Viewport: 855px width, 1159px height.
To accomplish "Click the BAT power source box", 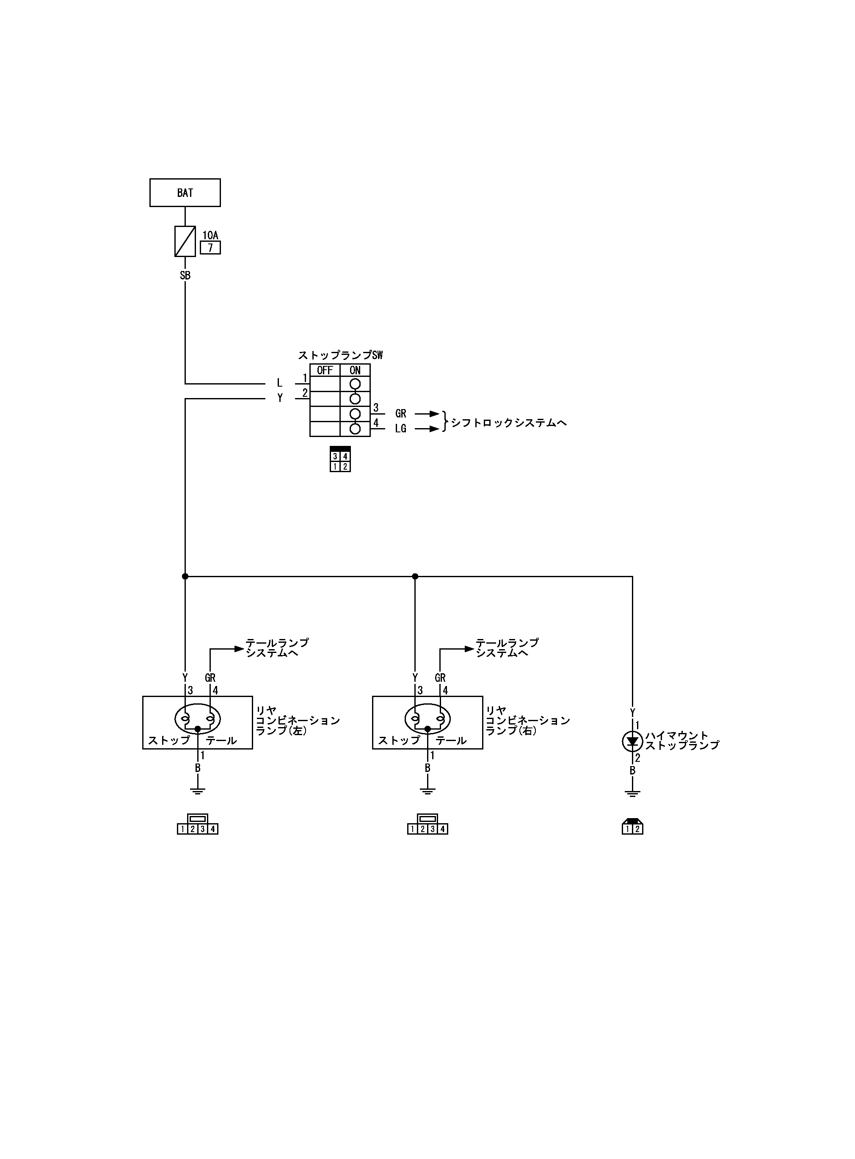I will point(185,193).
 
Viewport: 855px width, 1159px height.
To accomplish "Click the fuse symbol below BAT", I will point(185,241).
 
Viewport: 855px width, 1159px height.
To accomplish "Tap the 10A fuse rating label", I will point(210,235).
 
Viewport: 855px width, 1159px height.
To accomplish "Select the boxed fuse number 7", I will point(210,248).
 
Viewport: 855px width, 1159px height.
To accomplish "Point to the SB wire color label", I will point(185,275).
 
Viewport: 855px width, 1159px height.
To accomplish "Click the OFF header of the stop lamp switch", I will point(325,370).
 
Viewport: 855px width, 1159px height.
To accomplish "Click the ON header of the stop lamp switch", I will point(355,370).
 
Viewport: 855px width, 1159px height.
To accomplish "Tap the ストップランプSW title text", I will point(340,355).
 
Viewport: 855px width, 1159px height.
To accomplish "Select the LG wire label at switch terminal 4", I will point(400,429).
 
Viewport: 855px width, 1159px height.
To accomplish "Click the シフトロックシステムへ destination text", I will point(509,422).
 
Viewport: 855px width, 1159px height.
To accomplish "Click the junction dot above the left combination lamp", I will point(185,576).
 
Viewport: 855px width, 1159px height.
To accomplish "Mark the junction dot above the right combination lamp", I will point(414,576).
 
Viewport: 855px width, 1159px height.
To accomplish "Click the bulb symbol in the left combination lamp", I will point(198,719).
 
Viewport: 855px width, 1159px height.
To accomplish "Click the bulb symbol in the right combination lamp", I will point(427,719).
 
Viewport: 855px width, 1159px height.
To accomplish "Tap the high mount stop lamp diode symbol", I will point(632,742).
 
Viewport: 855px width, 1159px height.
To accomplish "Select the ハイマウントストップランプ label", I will point(681,740).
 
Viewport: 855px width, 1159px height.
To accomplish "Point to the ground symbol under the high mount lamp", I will point(632,793).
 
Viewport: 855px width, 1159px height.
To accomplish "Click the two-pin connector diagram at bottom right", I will point(632,827).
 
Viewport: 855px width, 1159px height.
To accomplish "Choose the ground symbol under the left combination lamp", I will point(197,791).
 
